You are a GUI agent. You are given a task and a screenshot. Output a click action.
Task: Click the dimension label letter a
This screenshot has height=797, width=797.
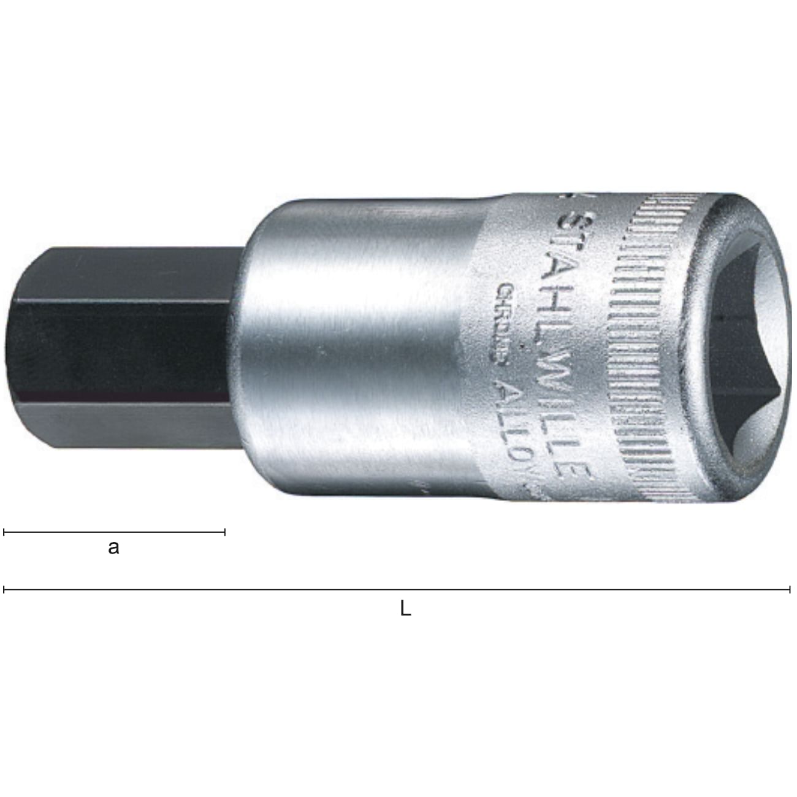(x=113, y=547)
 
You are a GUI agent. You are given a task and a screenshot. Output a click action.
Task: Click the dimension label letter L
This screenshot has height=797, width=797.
(x=405, y=609)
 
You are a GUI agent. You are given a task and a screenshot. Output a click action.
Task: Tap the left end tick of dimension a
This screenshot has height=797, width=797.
(x=4, y=532)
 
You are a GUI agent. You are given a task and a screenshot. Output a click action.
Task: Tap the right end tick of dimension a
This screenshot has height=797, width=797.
(x=225, y=532)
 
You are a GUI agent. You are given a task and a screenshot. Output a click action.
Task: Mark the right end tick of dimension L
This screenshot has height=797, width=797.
(x=790, y=590)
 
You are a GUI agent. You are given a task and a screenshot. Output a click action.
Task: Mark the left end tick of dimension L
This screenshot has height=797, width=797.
(x=4, y=590)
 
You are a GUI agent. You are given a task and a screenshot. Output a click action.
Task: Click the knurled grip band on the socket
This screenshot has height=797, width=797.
(x=638, y=343)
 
